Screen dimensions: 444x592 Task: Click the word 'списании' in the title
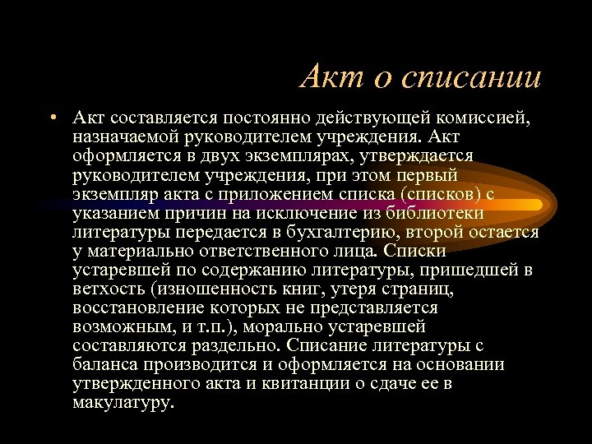471,77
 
